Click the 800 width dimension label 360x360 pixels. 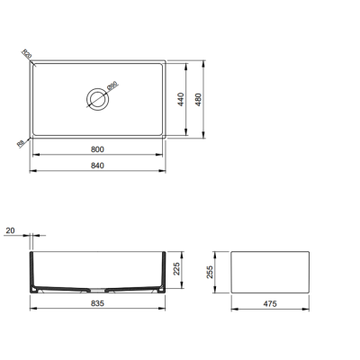pyautogui.click(x=98, y=148)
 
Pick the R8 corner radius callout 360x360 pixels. pyautogui.click(x=21, y=141)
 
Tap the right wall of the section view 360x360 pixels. pyautogui.click(x=162, y=270)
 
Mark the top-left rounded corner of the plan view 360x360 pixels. pyautogui.click(x=34, y=64)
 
